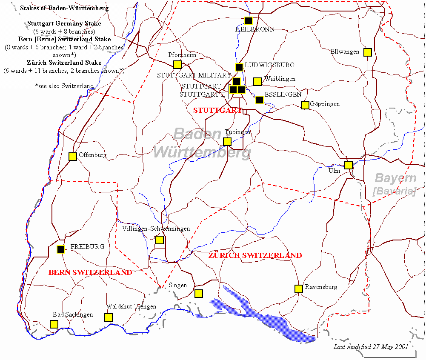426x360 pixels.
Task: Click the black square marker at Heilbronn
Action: click(x=249, y=20)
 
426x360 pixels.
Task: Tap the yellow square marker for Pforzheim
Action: click(x=177, y=65)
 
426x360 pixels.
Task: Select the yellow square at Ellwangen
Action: click(x=367, y=52)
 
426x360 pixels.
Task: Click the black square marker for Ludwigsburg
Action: click(x=239, y=67)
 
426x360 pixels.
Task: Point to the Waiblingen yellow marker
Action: click(x=257, y=81)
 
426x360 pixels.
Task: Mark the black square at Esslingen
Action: click(x=260, y=100)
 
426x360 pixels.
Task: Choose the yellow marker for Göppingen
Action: click(x=305, y=105)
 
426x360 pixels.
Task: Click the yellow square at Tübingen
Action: click(x=227, y=142)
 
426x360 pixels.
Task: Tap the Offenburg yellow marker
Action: click(x=73, y=156)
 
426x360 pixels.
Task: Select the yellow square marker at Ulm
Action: click(x=349, y=165)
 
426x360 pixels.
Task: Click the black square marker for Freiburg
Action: click(x=61, y=249)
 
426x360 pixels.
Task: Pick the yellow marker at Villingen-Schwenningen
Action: click(x=159, y=240)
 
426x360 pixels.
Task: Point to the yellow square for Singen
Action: click(x=198, y=293)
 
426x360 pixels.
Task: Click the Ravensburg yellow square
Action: click(x=299, y=289)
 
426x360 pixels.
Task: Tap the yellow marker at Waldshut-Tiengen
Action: click(x=109, y=317)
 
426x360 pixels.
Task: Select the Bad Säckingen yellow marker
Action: click(x=54, y=324)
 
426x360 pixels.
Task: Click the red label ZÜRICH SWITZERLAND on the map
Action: click(x=255, y=255)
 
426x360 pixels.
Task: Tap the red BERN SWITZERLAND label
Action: click(x=90, y=272)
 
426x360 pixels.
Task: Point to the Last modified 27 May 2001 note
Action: click(x=371, y=347)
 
